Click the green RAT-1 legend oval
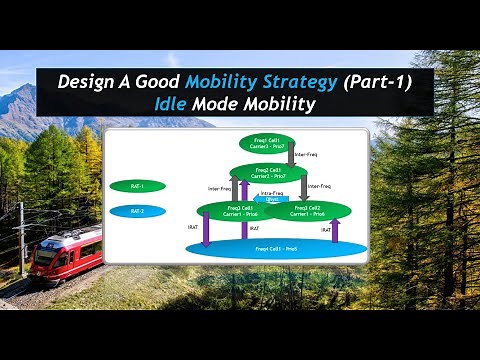pyautogui.click(x=138, y=186)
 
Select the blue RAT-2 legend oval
pyautogui.click(x=138, y=211)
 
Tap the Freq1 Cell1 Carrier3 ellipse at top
pyautogui.click(x=263, y=142)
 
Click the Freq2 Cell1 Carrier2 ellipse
pyautogui.click(x=268, y=174)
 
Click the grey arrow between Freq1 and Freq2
pyautogui.click(x=291, y=155)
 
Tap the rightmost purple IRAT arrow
pyautogui.click(x=335, y=230)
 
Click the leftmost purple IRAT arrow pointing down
pyautogui.click(x=206, y=229)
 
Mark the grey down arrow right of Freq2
pyautogui.click(x=303, y=187)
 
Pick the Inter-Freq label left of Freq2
pyautogui.click(x=221, y=188)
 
